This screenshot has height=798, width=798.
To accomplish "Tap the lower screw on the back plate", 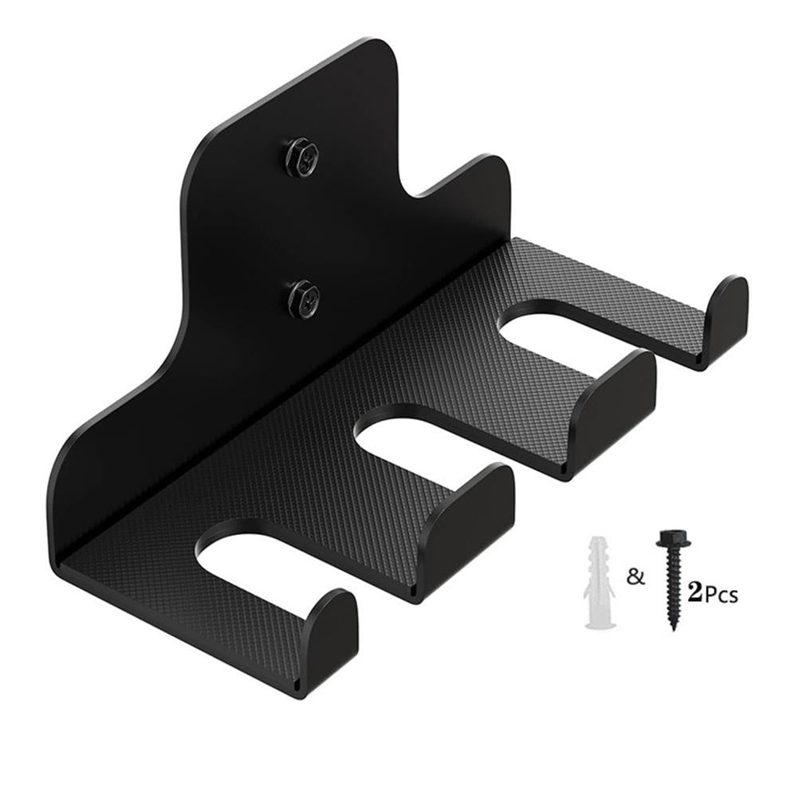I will click(303, 297).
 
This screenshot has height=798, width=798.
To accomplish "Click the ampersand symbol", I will click(635, 576).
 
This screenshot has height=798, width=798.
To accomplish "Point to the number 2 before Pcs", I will click(694, 592).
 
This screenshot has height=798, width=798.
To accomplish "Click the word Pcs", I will click(721, 595).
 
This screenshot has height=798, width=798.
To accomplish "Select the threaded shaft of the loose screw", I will click(672, 590).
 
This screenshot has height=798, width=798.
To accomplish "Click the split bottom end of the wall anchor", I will click(603, 622).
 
